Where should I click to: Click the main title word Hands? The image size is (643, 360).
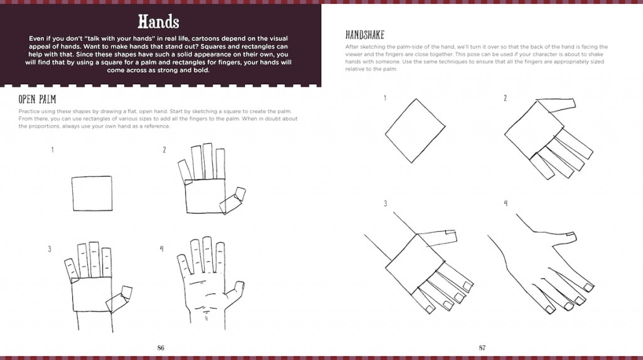point(159,21)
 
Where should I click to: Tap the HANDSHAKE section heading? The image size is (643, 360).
point(365,35)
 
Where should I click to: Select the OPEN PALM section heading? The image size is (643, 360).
point(38,99)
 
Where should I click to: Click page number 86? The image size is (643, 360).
point(161,347)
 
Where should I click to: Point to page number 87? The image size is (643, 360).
point(482,347)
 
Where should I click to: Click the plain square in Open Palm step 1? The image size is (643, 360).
point(92,194)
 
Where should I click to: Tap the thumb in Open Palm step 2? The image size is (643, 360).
point(234,198)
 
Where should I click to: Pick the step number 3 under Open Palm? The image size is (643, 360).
point(50,249)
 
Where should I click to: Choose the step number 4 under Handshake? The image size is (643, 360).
point(505,203)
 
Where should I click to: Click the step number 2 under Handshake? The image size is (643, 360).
point(505,98)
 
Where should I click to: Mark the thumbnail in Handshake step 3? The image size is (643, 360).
point(451,234)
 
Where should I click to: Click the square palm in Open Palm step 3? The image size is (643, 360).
point(92,295)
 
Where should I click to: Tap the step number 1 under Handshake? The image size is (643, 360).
point(385,98)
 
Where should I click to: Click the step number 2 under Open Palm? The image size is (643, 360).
point(165,150)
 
